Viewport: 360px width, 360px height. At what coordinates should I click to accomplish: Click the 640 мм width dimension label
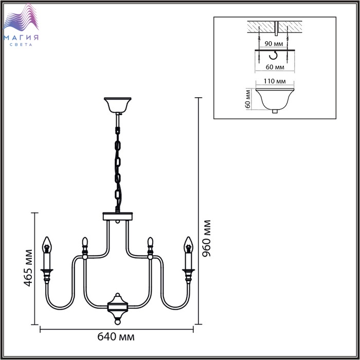click(116, 337)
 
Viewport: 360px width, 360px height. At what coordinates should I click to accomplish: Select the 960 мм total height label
click(207, 239)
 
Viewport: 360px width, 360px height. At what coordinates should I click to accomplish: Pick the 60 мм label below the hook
click(276, 67)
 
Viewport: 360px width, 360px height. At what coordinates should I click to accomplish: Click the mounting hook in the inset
click(276, 55)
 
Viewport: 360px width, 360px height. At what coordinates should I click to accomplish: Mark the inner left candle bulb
click(84, 241)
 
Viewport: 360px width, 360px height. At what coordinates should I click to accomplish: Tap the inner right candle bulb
click(151, 241)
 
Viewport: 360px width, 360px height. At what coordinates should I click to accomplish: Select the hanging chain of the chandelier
click(118, 165)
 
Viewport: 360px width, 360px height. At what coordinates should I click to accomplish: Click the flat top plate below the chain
click(118, 216)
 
